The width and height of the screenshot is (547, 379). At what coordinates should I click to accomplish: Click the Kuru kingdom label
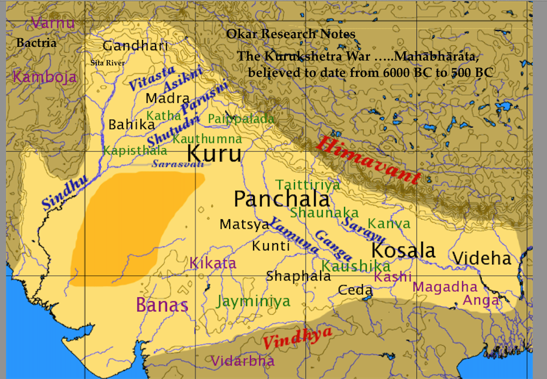tap(214, 153)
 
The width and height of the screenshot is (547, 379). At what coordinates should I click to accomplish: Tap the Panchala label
tap(281, 199)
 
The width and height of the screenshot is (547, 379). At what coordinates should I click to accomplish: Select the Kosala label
tap(403, 250)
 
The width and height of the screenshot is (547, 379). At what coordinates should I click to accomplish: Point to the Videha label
tap(482, 258)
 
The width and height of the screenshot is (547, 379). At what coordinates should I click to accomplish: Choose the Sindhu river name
tap(64, 194)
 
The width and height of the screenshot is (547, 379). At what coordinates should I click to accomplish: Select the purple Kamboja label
tap(45, 76)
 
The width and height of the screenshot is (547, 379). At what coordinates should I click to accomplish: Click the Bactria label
tap(36, 43)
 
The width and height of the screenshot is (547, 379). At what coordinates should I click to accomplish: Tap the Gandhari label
tap(136, 46)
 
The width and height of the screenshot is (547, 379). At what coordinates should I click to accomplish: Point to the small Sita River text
tap(107, 63)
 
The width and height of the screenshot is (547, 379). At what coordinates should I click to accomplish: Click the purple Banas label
tap(162, 305)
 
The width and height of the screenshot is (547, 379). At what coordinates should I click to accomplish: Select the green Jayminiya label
tap(253, 300)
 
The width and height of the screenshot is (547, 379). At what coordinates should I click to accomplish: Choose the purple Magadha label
tap(445, 287)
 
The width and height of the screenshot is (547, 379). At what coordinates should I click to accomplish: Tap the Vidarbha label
tap(243, 360)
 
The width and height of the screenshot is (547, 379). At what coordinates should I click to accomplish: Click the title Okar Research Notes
tap(291, 34)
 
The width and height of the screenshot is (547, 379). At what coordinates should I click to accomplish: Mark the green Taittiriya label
tap(308, 185)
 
